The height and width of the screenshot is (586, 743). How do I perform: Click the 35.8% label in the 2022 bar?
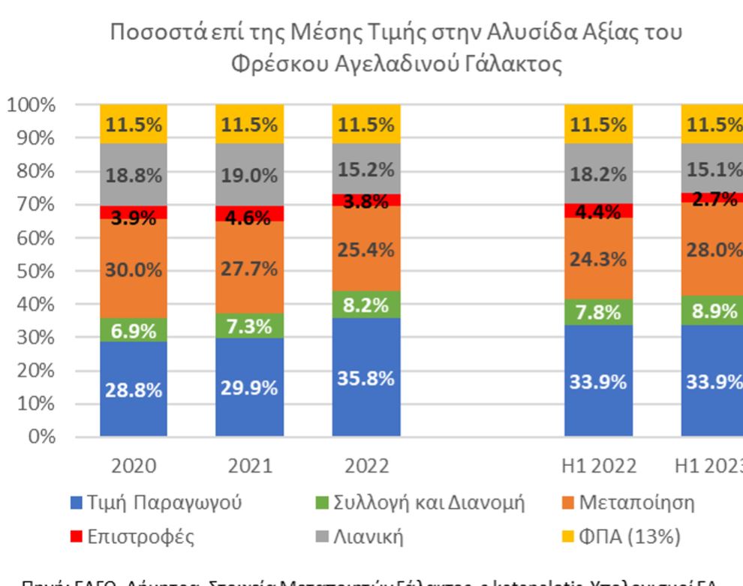click(x=366, y=378)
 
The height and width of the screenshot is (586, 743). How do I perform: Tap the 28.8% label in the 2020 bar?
click(x=134, y=390)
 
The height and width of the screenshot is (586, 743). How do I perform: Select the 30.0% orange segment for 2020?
click(x=134, y=271)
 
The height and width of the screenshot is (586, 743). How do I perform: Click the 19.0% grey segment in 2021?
click(x=250, y=176)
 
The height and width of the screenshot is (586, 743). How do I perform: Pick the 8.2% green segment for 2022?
click(x=366, y=305)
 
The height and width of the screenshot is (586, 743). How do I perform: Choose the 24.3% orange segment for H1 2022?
click(x=598, y=260)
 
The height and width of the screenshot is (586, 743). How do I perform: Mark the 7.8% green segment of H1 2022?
click(x=598, y=312)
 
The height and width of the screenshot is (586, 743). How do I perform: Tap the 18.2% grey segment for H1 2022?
click(x=598, y=175)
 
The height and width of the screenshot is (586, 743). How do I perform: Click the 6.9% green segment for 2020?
click(x=134, y=330)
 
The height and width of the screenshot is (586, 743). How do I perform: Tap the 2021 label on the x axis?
click(x=250, y=466)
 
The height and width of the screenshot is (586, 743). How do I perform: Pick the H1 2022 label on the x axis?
click(x=598, y=466)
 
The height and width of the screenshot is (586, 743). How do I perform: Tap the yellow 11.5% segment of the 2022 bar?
click(x=366, y=125)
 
